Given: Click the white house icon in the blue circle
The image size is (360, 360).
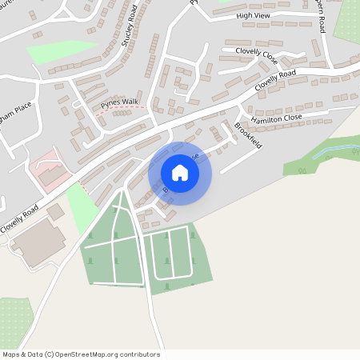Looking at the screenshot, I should (x=180, y=173).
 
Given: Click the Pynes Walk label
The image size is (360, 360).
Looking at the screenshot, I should (x=119, y=102).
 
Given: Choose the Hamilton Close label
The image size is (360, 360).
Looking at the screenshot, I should (x=276, y=118).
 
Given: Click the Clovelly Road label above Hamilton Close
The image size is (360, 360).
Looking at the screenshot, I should (x=275, y=80).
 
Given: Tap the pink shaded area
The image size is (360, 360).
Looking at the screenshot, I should (x=50, y=168).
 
